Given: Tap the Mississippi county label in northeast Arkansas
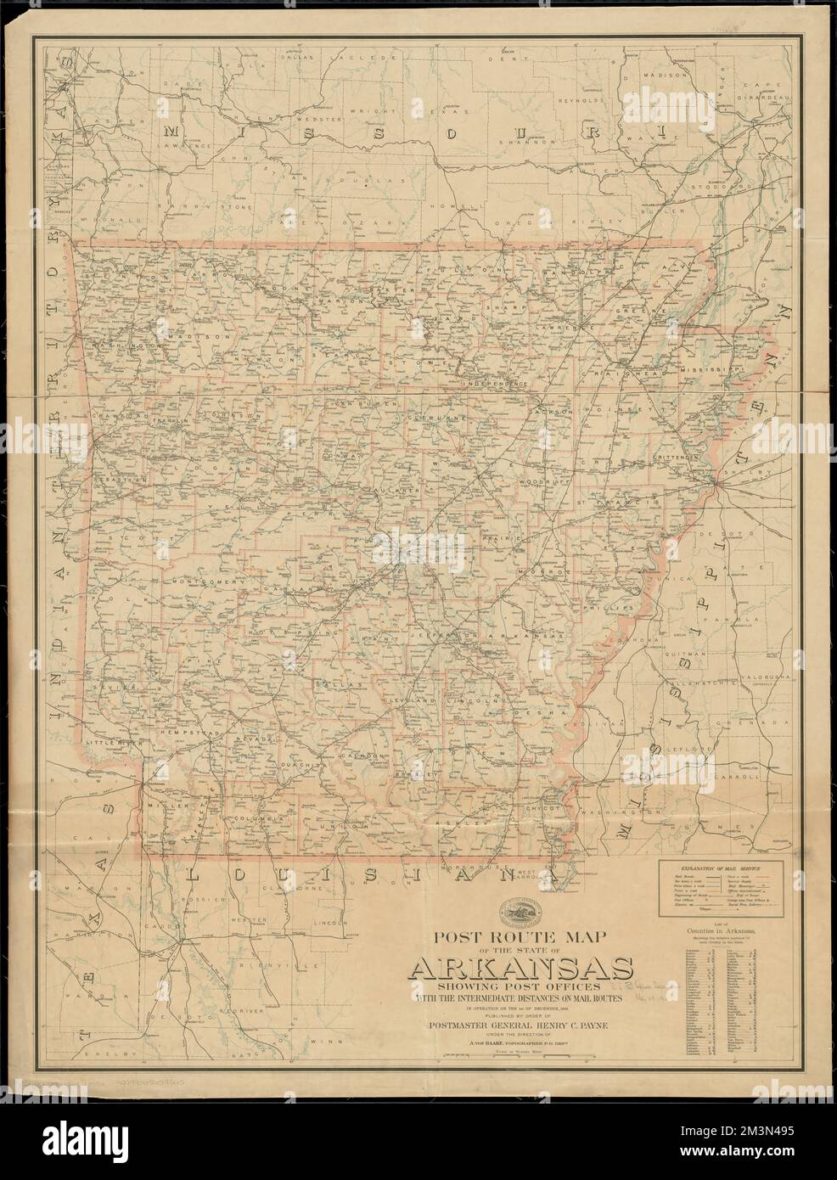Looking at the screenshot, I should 712,371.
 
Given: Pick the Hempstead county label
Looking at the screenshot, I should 179,729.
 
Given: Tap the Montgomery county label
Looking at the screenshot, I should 202,582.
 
